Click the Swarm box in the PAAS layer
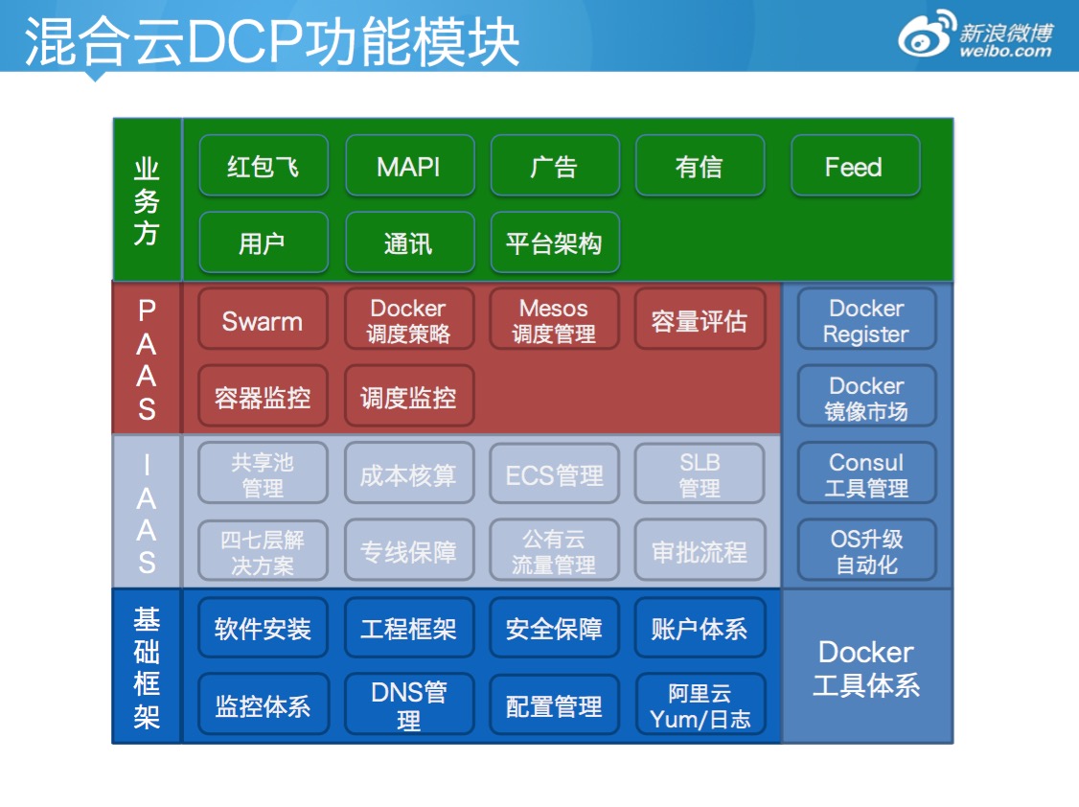tap(263, 321)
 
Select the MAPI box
tap(409, 167)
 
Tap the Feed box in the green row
tap(854, 167)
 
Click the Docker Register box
tap(866, 321)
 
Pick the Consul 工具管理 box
tap(866, 475)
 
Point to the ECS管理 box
tap(554, 475)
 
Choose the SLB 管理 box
tap(700, 475)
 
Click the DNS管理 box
tap(409, 705)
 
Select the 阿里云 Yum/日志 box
tap(700, 705)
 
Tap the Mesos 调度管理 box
tap(554, 321)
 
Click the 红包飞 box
tap(263, 167)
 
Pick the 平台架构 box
tap(554, 243)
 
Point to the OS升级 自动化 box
tap(866, 552)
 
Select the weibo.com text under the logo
tap(1005, 52)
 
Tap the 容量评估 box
tap(700, 321)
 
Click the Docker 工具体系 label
tap(866, 668)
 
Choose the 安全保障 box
tap(554, 629)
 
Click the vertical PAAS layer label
tap(147, 359)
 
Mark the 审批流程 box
tap(700, 552)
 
